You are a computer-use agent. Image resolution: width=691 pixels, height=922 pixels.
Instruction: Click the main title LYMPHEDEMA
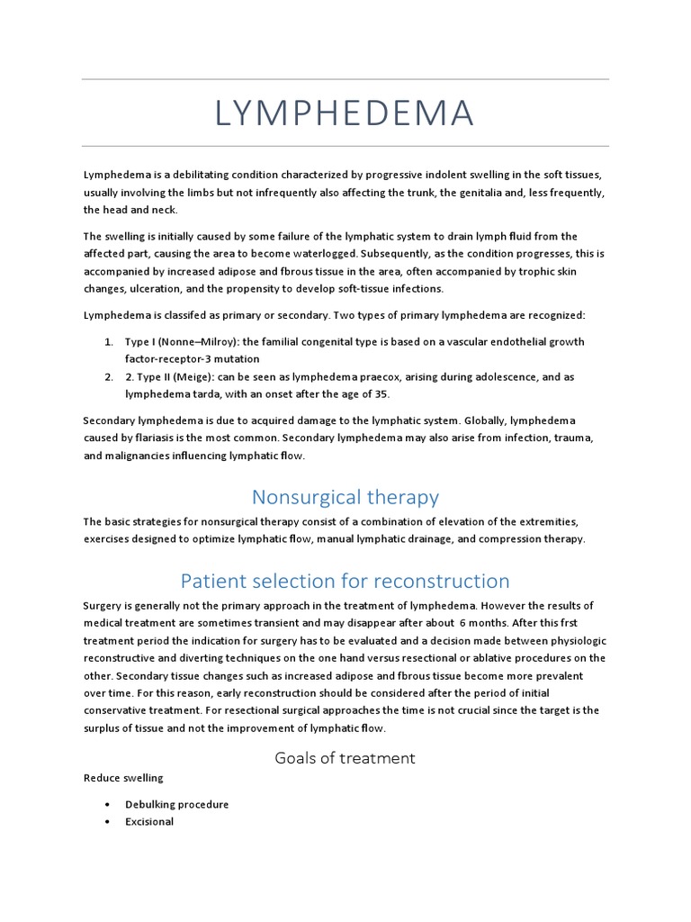point(345,113)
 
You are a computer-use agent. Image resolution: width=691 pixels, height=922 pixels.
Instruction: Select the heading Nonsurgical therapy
point(345,497)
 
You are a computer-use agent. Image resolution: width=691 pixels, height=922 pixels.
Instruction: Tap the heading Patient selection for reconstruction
point(345,581)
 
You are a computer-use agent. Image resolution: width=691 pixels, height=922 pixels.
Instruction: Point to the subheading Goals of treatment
point(345,758)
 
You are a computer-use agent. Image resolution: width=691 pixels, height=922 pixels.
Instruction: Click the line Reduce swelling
point(123,778)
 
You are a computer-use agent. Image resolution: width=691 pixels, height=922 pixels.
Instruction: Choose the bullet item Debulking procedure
point(176,804)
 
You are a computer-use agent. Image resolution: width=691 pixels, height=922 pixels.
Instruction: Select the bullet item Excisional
point(149,822)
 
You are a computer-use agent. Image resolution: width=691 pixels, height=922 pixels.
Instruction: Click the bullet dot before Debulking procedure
point(107,804)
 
